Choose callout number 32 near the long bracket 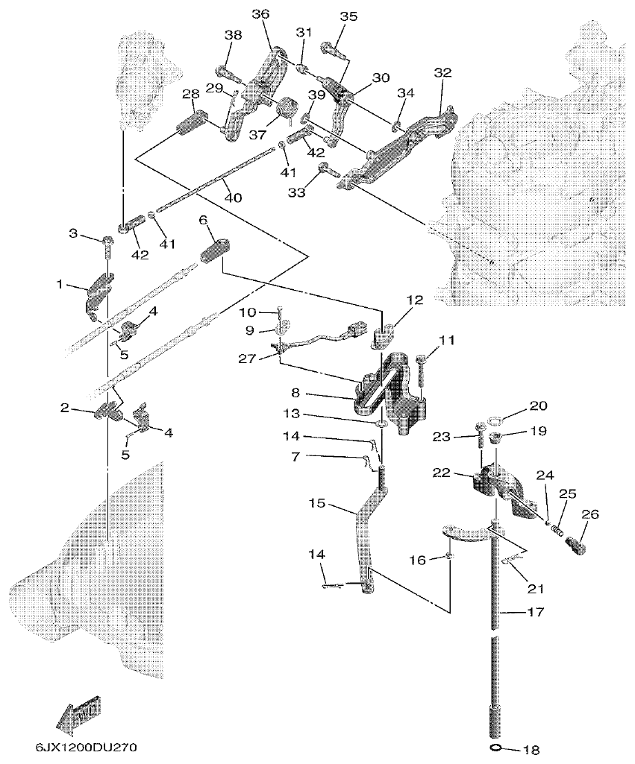click(442, 73)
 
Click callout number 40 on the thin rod click(234, 198)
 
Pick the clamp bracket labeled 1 click(96, 292)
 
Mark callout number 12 click(415, 300)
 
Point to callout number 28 click(190, 95)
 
